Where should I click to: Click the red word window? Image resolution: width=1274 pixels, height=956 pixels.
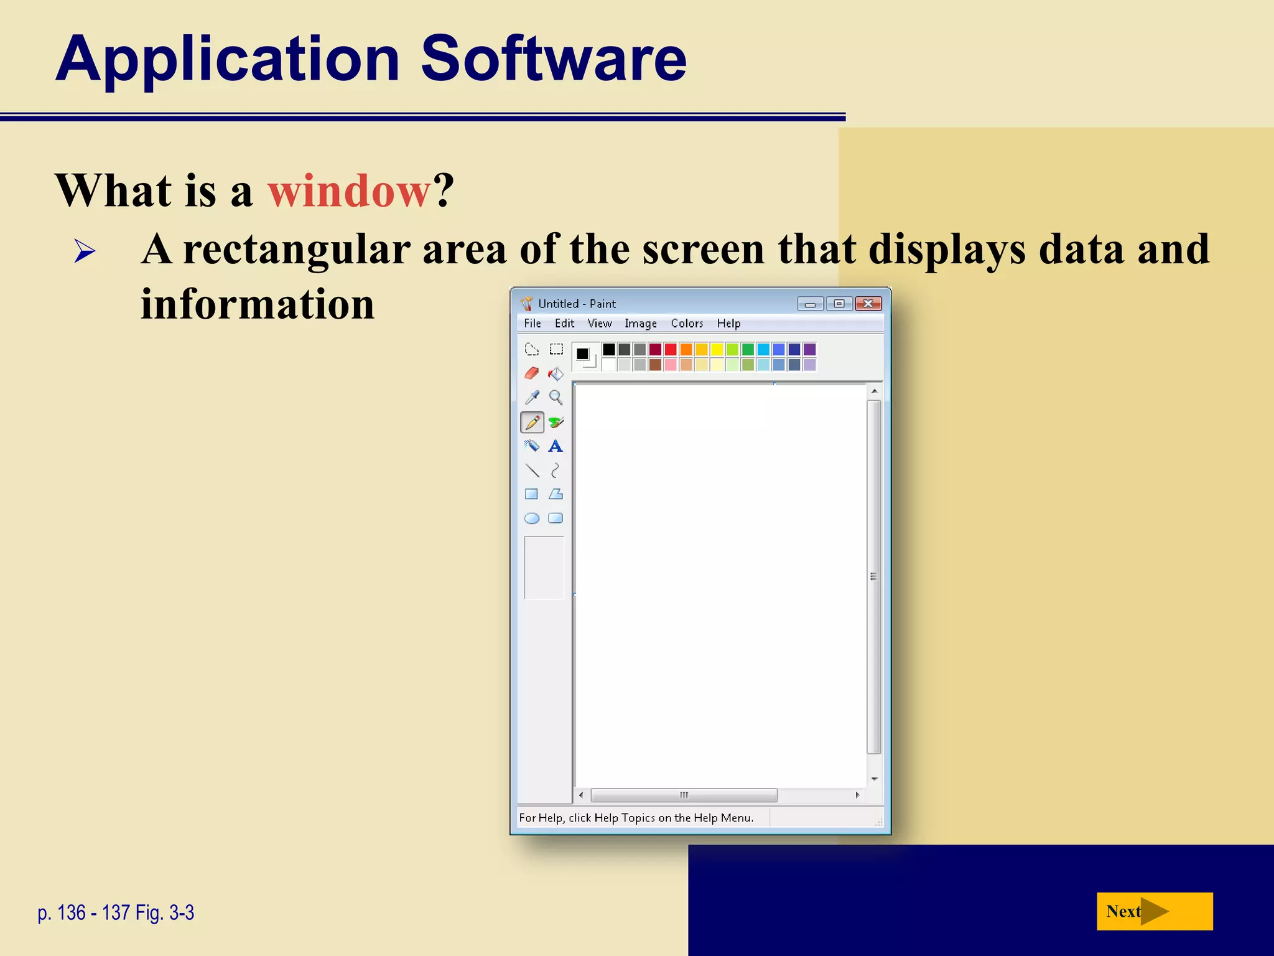click(x=348, y=190)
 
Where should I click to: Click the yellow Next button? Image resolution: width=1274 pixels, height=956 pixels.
click(x=1154, y=911)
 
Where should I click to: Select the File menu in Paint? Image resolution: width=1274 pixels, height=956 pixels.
click(x=532, y=323)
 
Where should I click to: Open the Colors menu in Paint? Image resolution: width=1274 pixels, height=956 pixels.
click(x=686, y=323)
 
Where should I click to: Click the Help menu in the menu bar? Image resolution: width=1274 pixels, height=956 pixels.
click(x=728, y=323)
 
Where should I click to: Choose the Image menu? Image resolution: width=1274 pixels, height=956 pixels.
click(x=640, y=323)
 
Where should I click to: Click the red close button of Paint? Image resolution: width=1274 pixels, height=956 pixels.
click(x=868, y=303)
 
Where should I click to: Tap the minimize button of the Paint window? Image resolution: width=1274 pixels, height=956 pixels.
click(x=810, y=304)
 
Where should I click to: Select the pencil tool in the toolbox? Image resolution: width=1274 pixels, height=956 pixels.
click(x=532, y=423)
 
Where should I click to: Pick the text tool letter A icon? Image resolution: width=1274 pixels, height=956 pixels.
click(x=556, y=446)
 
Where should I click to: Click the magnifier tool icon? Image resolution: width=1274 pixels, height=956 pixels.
click(x=556, y=397)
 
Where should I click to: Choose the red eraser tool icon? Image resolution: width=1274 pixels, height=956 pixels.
click(x=531, y=373)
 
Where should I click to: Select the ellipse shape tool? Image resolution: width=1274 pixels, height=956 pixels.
click(x=531, y=518)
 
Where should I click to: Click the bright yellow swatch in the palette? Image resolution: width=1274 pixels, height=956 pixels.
click(x=717, y=349)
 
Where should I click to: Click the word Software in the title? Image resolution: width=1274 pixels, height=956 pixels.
click(x=553, y=59)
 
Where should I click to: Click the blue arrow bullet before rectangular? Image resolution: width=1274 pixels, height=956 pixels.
click(x=85, y=251)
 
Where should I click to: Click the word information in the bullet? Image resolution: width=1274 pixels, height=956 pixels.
click(x=258, y=304)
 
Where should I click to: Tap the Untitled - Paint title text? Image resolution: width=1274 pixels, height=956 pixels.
click(x=577, y=304)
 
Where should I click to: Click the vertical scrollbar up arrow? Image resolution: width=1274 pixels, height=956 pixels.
click(x=874, y=391)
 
